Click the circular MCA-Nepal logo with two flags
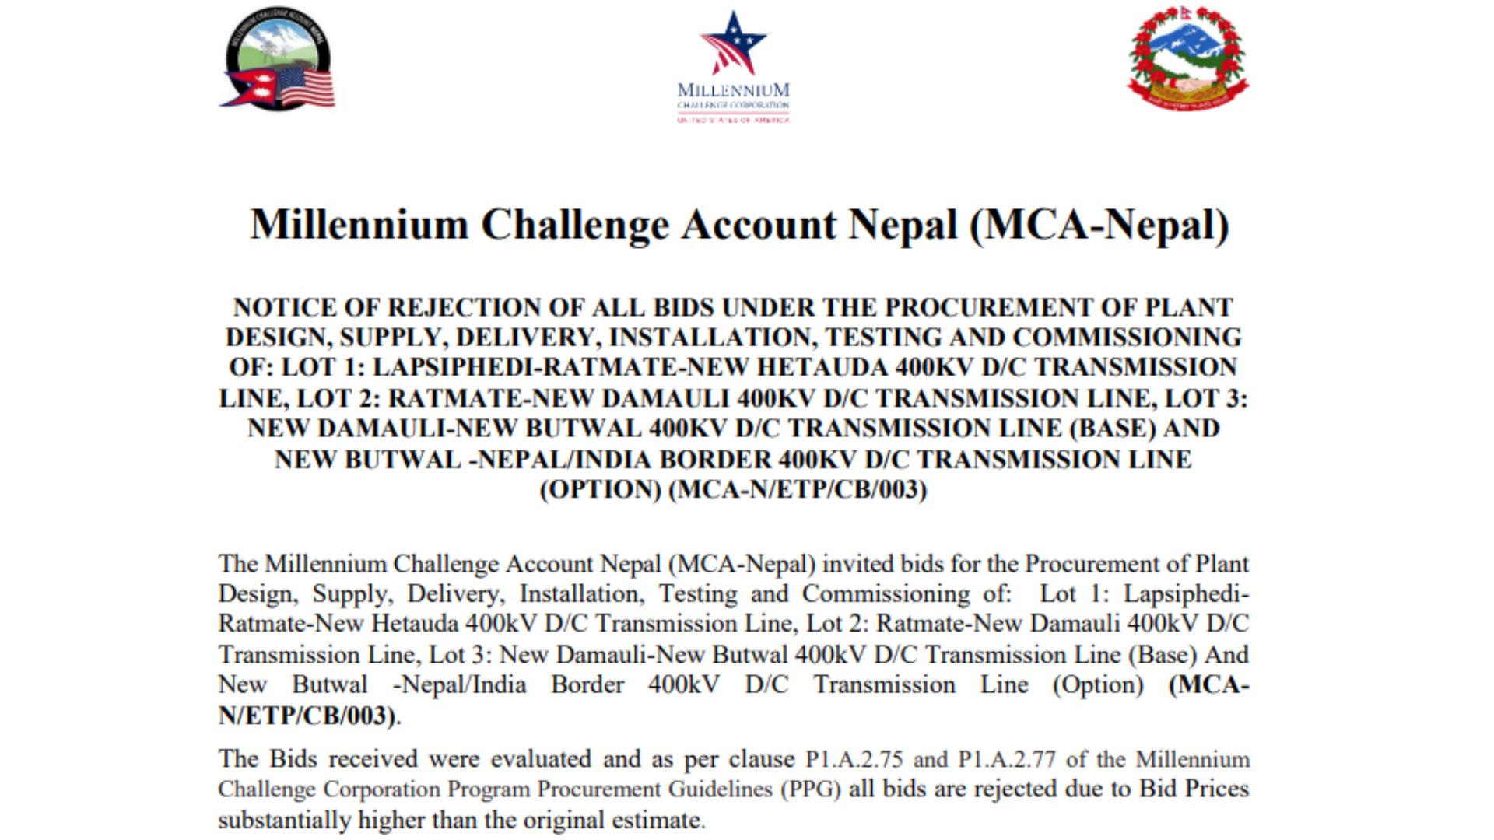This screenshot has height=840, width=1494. [278, 59]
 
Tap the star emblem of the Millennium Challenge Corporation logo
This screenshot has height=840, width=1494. [733, 43]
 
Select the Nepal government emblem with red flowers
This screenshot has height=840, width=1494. [1187, 58]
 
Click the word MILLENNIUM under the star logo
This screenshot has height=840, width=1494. [733, 91]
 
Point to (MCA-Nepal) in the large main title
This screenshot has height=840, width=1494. [1099, 225]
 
